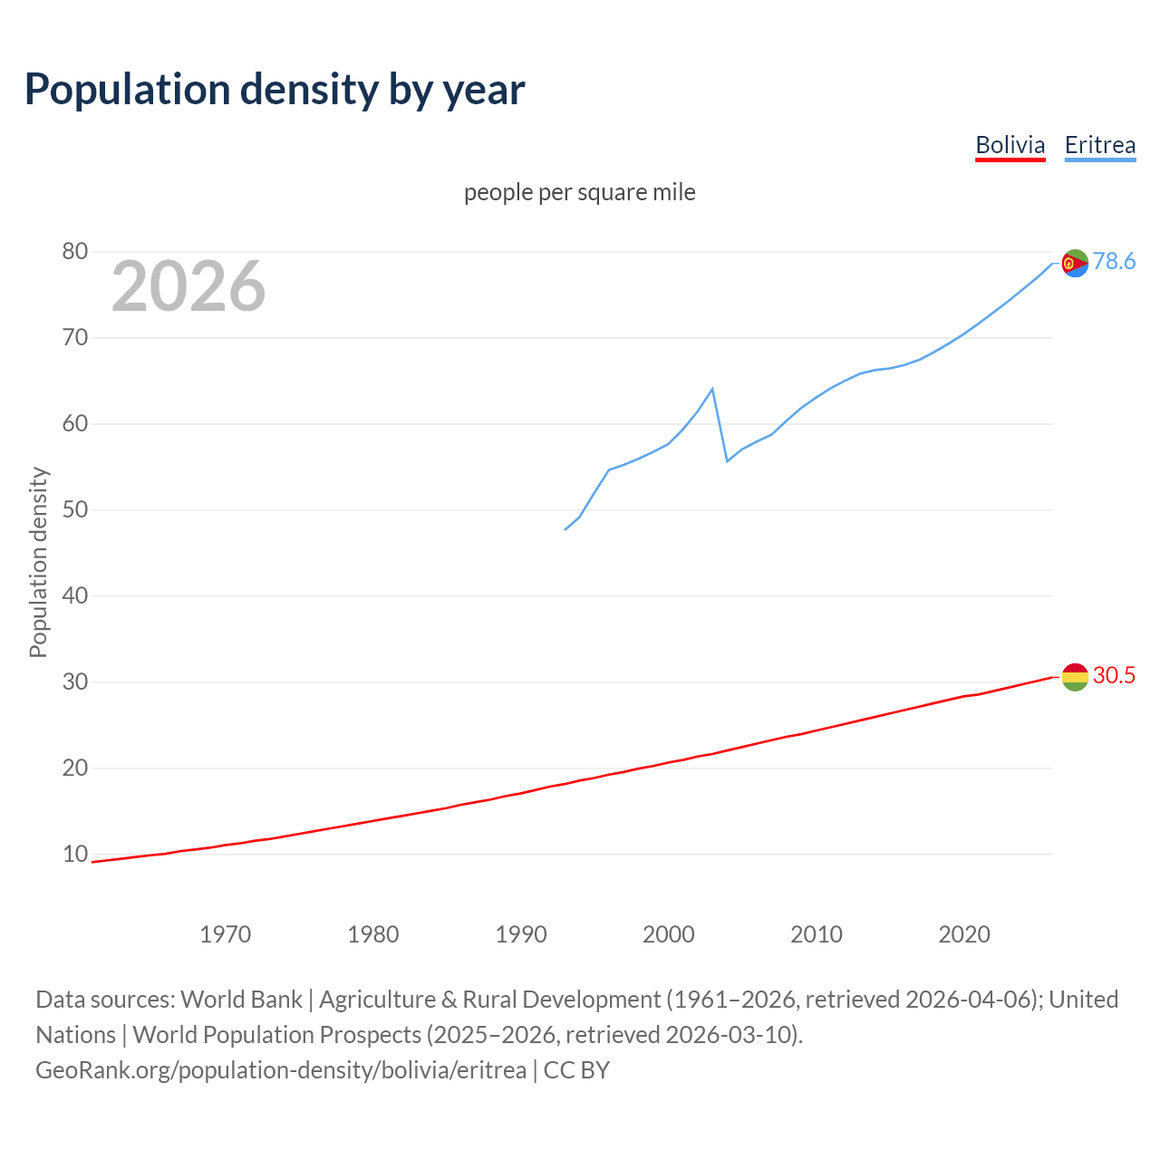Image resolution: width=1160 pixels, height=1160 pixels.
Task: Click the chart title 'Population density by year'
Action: click(x=275, y=90)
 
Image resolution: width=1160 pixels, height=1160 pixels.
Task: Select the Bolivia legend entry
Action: click(x=1010, y=145)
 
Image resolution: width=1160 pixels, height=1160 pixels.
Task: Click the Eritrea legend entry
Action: click(x=1099, y=145)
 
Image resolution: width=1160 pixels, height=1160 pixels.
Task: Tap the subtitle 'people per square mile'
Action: click(x=579, y=192)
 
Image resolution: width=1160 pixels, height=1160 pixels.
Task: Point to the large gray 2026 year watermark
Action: click(x=188, y=286)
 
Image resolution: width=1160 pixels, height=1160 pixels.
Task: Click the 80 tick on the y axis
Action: click(x=75, y=252)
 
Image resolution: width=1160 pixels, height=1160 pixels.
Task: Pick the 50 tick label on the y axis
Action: click(x=75, y=509)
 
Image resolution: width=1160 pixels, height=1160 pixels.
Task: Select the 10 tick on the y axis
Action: click(x=75, y=854)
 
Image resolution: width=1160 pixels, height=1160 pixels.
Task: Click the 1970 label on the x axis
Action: click(x=225, y=934)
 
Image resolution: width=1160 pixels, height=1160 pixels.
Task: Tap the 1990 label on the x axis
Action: click(x=521, y=934)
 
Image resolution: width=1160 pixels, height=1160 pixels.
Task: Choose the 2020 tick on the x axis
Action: click(x=964, y=934)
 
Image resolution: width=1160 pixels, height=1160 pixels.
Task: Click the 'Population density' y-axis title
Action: click(x=38, y=562)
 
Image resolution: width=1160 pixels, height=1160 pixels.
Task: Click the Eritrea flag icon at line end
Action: click(x=1075, y=264)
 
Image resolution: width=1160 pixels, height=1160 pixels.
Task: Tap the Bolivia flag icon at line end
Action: click(x=1075, y=677)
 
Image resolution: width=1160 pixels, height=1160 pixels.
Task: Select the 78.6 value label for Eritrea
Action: click(x=1114, y=262)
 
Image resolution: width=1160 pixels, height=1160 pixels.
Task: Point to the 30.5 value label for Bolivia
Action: click(x=1114, y=676)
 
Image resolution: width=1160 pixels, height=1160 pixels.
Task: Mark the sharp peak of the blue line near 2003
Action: click(x=712, y=389)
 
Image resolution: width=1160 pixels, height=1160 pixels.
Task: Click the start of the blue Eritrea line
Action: click(x=565, y=529)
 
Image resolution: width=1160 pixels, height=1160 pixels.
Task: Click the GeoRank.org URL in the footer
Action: click(x=281, y=1070)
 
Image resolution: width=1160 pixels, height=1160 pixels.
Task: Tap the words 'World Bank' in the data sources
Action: click(x=241, y=1000)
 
